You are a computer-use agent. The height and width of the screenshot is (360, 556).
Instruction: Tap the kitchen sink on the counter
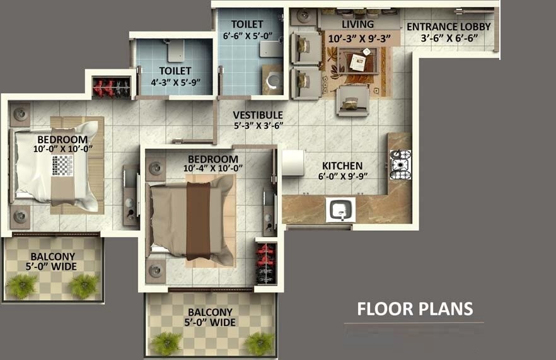[x=340, y=209]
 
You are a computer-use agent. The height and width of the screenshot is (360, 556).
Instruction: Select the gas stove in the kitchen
[x=400, y=165]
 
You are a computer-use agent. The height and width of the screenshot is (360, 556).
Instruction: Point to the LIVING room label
[x=357, y=25]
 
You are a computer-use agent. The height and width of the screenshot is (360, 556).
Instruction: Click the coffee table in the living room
[x=357, y=61]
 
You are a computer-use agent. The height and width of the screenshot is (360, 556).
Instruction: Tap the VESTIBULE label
[x=257, y=115]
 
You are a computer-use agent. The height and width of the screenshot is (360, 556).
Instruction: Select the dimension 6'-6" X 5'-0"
[x=246, y=37]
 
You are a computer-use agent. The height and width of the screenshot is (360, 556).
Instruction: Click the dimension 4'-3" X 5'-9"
[x=175, y=82]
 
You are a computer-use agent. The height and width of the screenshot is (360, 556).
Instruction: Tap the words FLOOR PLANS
[x=415, y=309]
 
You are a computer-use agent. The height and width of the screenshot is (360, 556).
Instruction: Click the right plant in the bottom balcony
[x=259, y=343]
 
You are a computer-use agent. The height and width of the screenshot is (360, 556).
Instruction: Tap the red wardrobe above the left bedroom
[x=112, y=88]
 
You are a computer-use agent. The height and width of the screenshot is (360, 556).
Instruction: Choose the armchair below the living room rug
[x=352, y=100]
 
